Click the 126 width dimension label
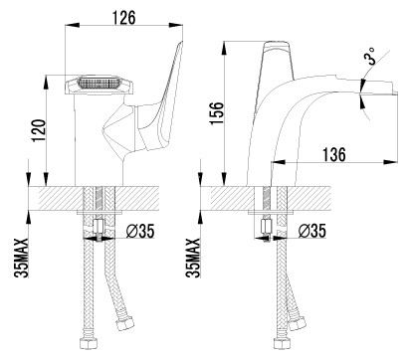(123, 17)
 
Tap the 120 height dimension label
(39, 130)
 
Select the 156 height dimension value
(217, 113)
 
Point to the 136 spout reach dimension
(334, 154)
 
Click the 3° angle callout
(369, 56)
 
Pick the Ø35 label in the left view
(140, 231)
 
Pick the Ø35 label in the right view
(311, 231)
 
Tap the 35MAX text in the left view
(23, 258)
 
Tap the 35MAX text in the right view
(193, 258)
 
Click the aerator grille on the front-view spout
(99, 83)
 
